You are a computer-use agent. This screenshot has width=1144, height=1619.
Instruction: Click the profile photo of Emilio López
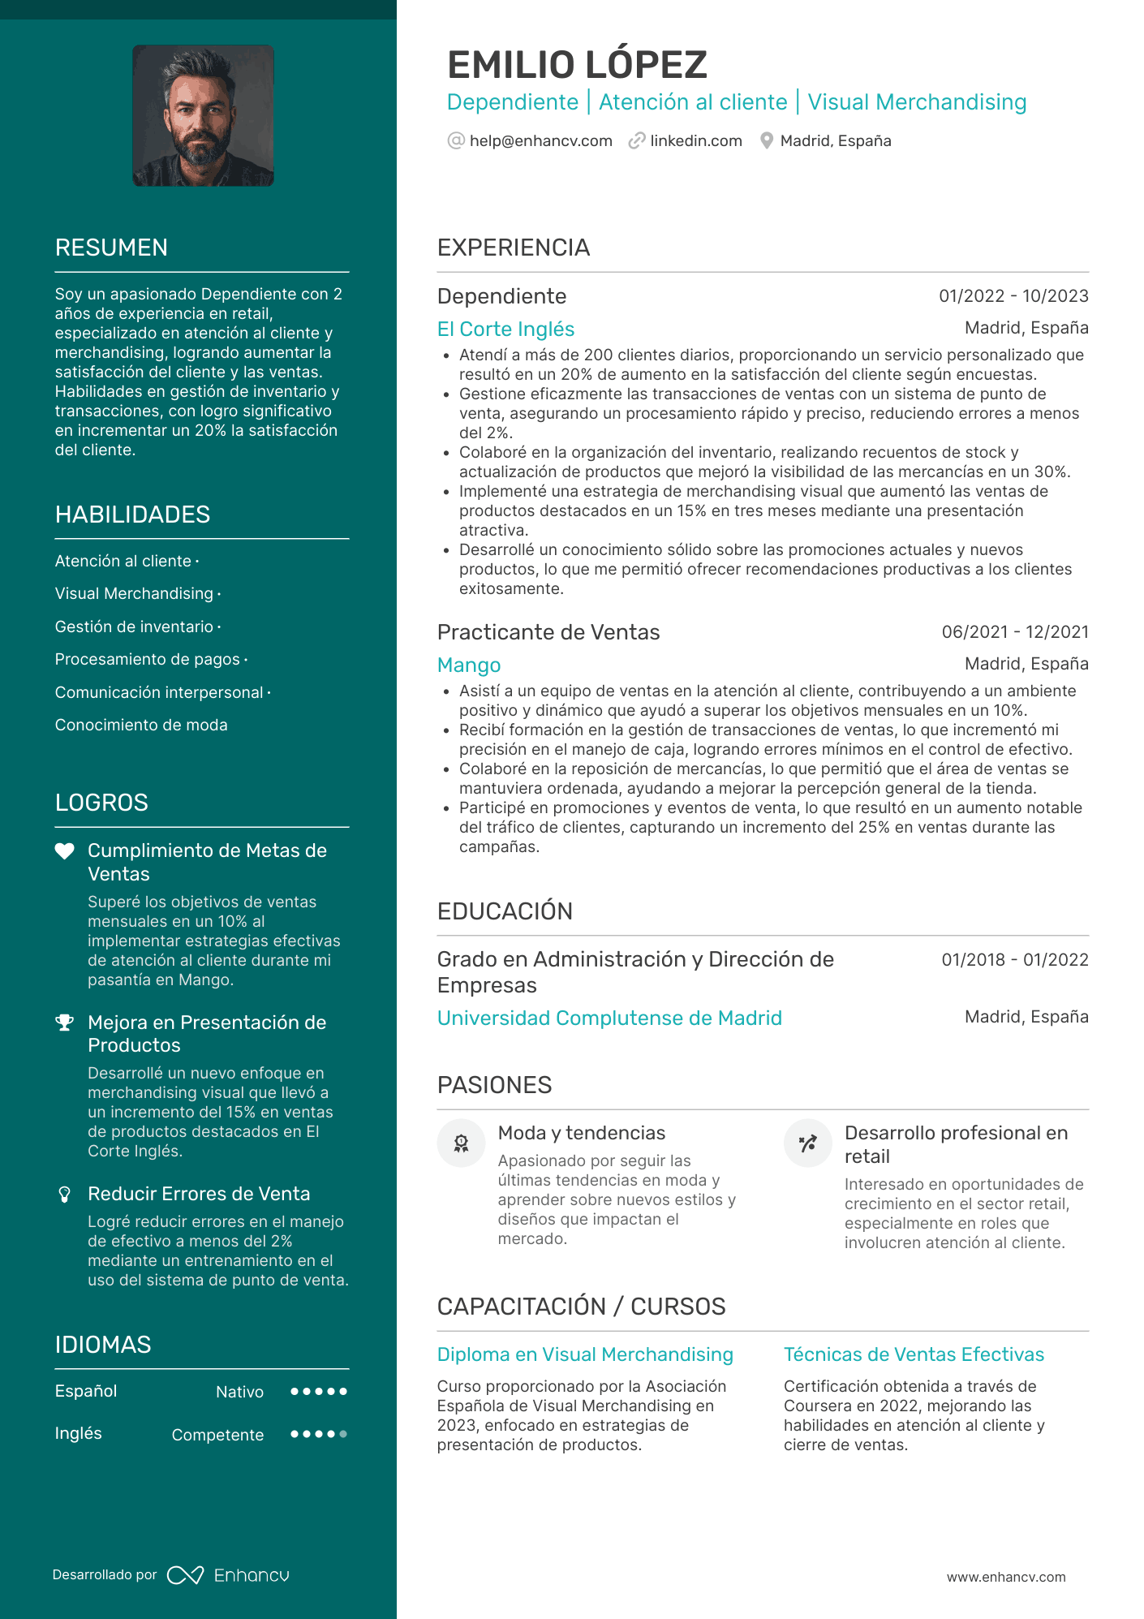tap(203, 116)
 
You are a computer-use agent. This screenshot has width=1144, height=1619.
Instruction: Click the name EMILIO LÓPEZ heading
tap(577, 65)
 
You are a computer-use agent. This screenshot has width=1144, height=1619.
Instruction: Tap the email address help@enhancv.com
tap(540, 141)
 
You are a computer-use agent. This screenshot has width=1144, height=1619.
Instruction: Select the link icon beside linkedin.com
tap(637, 141)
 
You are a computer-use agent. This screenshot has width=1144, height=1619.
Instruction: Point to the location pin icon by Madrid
tap(766, 141)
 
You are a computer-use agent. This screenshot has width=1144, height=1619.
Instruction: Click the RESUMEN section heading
tap(111, 248)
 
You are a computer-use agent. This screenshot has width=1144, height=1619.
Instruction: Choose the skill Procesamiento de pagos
tap(147, 660)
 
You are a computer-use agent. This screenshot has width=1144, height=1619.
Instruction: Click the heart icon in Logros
tap(64, 851)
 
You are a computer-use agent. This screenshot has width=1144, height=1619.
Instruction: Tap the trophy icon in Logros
tap(64, 1023)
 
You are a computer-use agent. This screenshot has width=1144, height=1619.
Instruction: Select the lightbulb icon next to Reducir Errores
tap(64, 1195)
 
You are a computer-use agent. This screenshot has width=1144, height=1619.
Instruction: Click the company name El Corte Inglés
tap(505, 329)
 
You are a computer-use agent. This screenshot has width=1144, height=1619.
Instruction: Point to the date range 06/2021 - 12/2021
tap(1014, 632)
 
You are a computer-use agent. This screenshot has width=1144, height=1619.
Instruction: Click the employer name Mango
tap(469, 665)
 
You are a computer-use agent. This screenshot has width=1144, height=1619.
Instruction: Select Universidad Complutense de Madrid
tap(609, 1018)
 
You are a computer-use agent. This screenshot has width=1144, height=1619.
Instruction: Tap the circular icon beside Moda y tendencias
tap(461, 1143)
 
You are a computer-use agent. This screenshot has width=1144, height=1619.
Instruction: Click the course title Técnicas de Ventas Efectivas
tap(914, 1354)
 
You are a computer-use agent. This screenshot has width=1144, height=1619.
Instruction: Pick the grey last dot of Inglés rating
tap(344, 1434)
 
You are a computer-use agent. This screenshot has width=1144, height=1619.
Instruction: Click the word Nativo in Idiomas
tap(239, 1393)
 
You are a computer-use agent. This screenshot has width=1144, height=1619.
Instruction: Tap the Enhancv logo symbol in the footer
tap(185, 1575)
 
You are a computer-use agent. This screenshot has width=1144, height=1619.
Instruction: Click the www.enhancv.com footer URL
tap(1006, 1577)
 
